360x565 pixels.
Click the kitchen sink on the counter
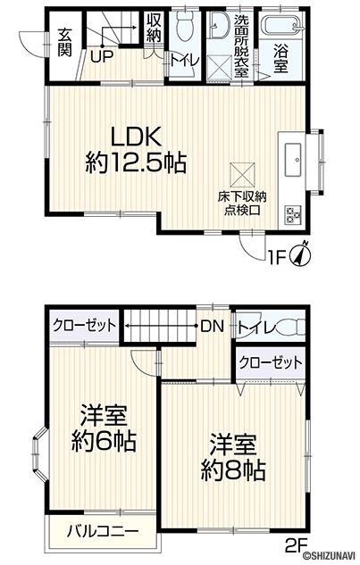click(x=292, y=160)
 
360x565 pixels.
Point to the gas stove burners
click(x=292, y=215)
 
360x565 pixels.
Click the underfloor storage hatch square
click(x=242, y=175)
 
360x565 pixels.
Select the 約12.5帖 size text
click(x=136, y=162)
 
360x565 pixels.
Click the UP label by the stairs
click(x=102, y=56)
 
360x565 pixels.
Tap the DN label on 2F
click(x=213, y=327)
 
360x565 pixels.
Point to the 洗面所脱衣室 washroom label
click(x=240, y=46)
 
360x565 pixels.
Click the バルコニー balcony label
click(x=103, y=531)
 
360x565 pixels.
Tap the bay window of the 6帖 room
click(x=39, y=454)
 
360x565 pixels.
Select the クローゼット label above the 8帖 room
click(x=271, y=362)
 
